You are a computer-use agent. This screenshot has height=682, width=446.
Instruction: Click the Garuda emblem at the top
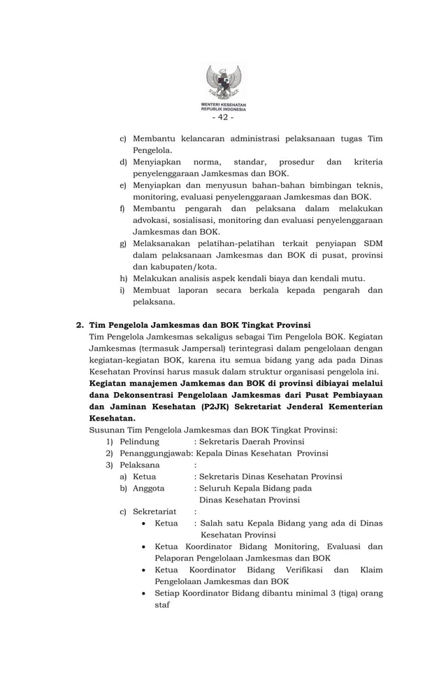(223, 83)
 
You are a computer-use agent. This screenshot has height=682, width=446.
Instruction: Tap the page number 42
(223, 117)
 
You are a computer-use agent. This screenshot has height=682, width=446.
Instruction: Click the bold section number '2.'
(80, 325)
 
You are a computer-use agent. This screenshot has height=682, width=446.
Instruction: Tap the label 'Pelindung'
(139, 442)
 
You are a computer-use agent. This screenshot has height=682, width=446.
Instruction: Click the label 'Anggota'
(149, 488)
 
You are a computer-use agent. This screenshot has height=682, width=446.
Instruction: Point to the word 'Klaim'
(371, 569)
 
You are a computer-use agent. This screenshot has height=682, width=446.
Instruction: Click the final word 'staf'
(161, 604)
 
